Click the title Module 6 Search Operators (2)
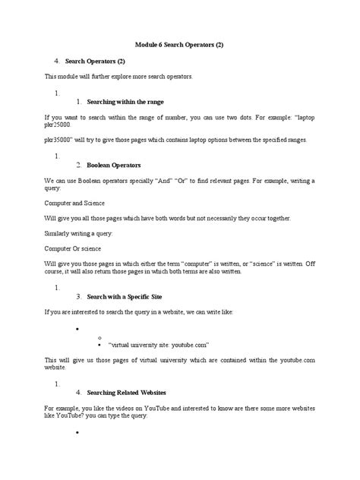pos(179,45)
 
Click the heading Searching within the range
pos(125,102)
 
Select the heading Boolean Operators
pos(114,165)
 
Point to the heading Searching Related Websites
pos(128,393)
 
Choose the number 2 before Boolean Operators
pos(79,165)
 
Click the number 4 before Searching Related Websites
pos(79,393)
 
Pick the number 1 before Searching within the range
pos(79,102)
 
